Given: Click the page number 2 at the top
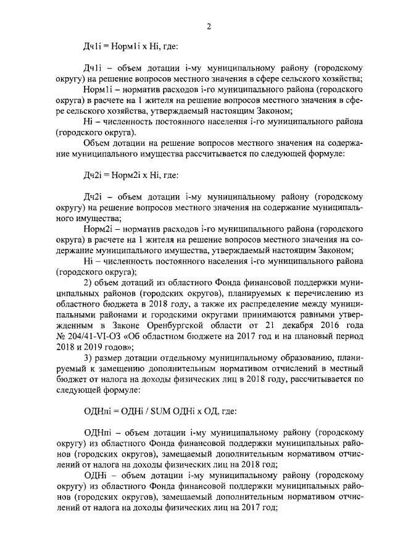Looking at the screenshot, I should (209, 26).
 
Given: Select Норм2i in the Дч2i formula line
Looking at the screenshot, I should (122, 175).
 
